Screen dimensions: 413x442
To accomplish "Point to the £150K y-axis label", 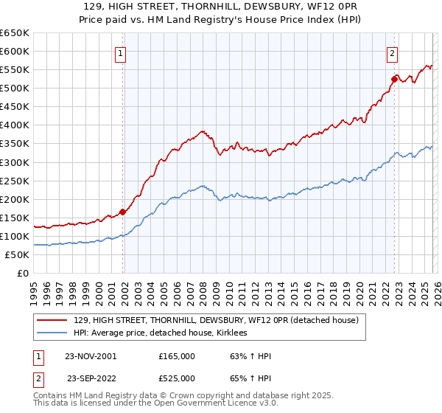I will pos(15,218).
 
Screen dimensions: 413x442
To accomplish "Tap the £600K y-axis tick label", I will pos(15,51).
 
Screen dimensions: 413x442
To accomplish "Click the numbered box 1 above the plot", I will pos(120,52).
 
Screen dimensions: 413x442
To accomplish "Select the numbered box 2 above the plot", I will pos(393,52).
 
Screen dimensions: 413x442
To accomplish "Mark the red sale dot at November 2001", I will pos(122,212).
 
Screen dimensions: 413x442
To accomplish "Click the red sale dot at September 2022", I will pos(394,78).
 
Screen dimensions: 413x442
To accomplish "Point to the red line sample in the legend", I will pos(52,320).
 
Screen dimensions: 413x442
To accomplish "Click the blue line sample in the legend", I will pos(52,333).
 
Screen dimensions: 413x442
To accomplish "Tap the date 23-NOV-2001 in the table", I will pos(91,356).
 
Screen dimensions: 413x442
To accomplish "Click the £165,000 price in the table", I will pos(177,356).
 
